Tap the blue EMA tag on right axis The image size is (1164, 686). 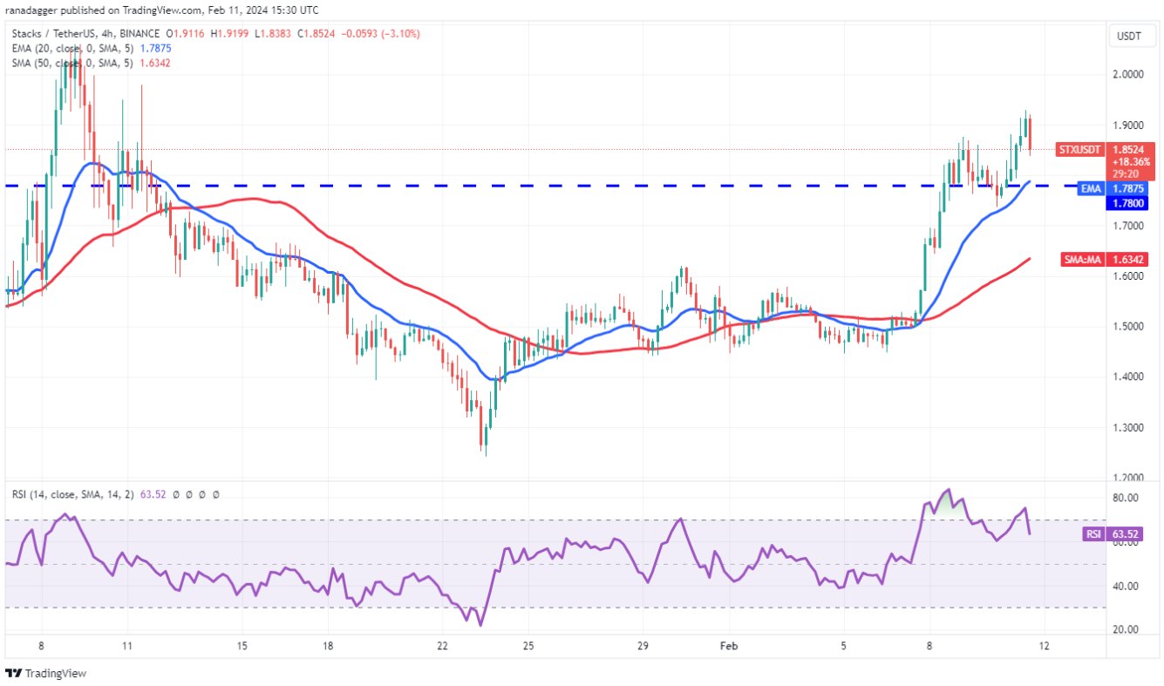(x=1091, y=188)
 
